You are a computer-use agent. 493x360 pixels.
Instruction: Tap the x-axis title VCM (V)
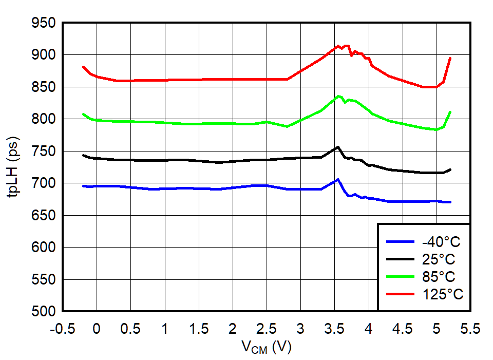[267, 348]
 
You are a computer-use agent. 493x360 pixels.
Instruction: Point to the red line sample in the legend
[400, 294]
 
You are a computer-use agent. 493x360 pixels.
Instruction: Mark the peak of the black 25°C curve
[337, 147]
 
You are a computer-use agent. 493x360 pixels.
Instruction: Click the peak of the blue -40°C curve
[337, 179]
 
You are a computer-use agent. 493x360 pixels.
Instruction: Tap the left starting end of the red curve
[83, 67]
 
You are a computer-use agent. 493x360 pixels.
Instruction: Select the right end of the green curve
[450, 112]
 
